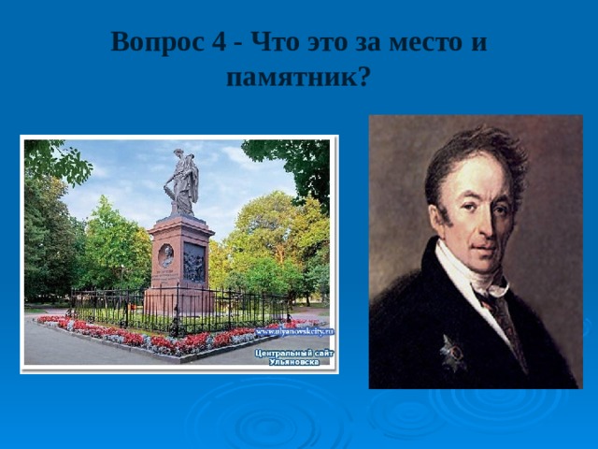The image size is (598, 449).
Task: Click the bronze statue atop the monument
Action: [x=182, y=181]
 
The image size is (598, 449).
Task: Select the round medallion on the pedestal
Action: [x=166, y=254]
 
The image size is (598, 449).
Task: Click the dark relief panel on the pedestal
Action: [x=193, y=263]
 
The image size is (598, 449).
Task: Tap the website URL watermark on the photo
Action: [x=294, y=332]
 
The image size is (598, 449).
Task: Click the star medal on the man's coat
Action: [x=453, y=353]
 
